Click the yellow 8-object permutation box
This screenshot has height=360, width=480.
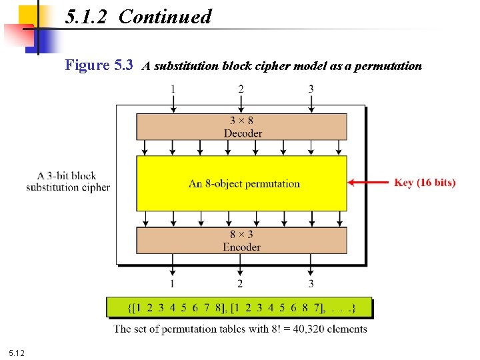(x=241, y=183)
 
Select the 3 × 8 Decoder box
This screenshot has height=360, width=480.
(x=241, y=127)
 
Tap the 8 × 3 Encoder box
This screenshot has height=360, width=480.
(x=241, y=241)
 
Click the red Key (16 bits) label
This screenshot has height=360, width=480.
(x=425, y=182)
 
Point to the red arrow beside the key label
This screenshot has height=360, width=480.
(x=368, y=182)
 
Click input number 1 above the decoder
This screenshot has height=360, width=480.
(x=173, y=89)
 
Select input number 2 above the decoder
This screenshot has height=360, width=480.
(x=241, y=89)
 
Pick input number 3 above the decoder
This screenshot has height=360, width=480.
(x=311, y=89)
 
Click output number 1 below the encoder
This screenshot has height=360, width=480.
(x=173, y=284)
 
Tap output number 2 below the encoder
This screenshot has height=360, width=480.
(x=240, y=284)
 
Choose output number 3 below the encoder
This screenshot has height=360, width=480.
(x=311, y=284)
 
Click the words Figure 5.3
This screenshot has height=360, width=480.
(x=99, y=65)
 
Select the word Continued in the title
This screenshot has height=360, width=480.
(x=165, y=17)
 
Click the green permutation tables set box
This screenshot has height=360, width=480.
(x=240, y=308)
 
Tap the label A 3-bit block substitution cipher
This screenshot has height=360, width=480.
(x=68, y=181)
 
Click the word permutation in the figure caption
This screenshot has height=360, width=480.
(x=388, y=66)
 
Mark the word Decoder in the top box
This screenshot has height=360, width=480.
(x=243, y=133)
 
